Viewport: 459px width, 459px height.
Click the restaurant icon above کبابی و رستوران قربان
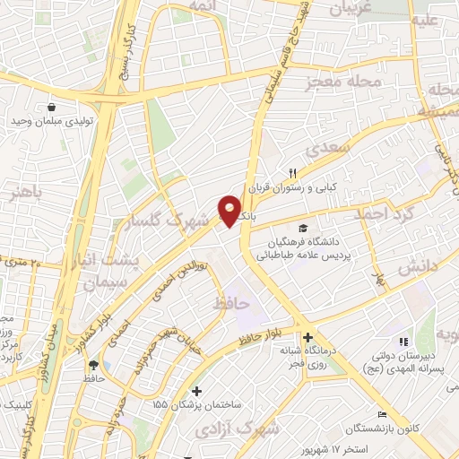tap(291, 173)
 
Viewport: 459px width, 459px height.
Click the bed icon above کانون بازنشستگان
tap(382, 415)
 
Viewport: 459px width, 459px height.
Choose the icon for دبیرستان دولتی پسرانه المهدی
tap(403, 341)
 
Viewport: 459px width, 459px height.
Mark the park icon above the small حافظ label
tap(93, 364)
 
